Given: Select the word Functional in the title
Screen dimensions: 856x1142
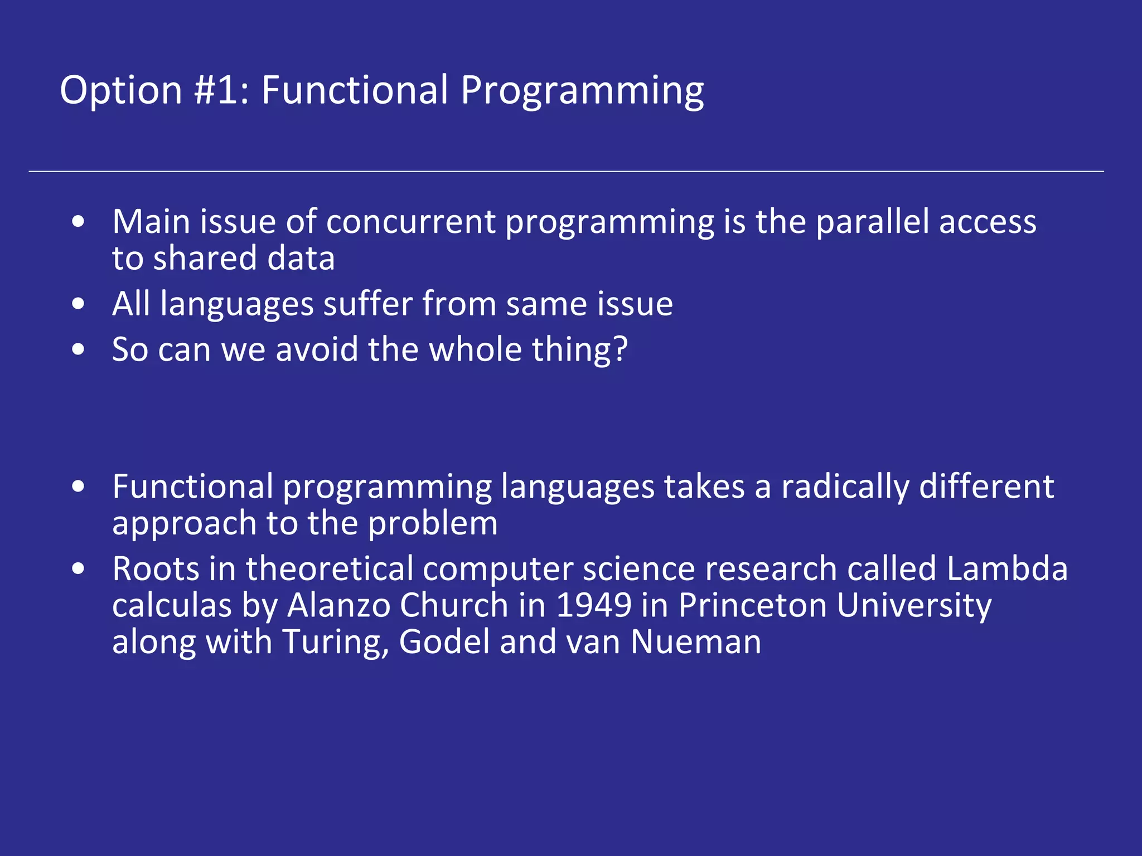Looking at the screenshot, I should (355, 90).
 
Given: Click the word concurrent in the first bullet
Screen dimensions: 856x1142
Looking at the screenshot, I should (410, 222).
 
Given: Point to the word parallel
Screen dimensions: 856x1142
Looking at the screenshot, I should (872, 222).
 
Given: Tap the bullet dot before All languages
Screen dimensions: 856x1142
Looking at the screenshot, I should (79, 304).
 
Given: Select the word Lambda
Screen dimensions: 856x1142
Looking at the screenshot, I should (1006, 569).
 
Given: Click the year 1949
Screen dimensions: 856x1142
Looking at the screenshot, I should (593, 605).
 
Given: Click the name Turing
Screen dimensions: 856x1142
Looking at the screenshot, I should (335, 642).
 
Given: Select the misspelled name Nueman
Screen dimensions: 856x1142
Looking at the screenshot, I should (696, 642).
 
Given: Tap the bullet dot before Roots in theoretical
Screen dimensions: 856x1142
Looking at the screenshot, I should (79, 569).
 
